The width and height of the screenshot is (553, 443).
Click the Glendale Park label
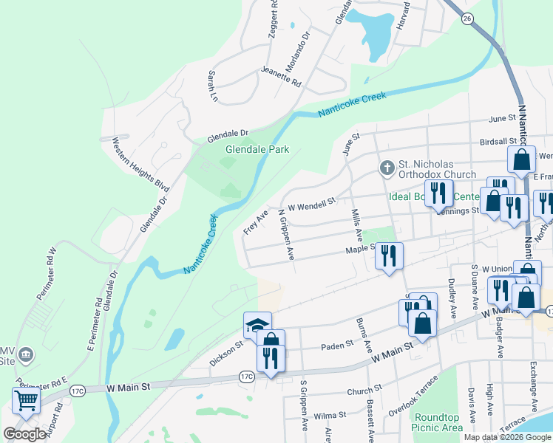(257, 149)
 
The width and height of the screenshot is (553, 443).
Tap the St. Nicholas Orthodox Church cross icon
(385, 168)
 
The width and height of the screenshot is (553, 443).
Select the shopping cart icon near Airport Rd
(26, 400)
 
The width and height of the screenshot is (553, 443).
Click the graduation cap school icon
(257, 324)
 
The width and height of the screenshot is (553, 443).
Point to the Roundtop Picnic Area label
(438, 422)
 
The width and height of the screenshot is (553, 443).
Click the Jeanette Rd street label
(281, 77)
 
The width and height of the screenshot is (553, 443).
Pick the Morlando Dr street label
(297, 47)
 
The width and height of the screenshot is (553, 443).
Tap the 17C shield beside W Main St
(246, 377)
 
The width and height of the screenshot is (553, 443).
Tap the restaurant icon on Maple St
(389, 255)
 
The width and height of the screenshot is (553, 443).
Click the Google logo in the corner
(24, 434)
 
